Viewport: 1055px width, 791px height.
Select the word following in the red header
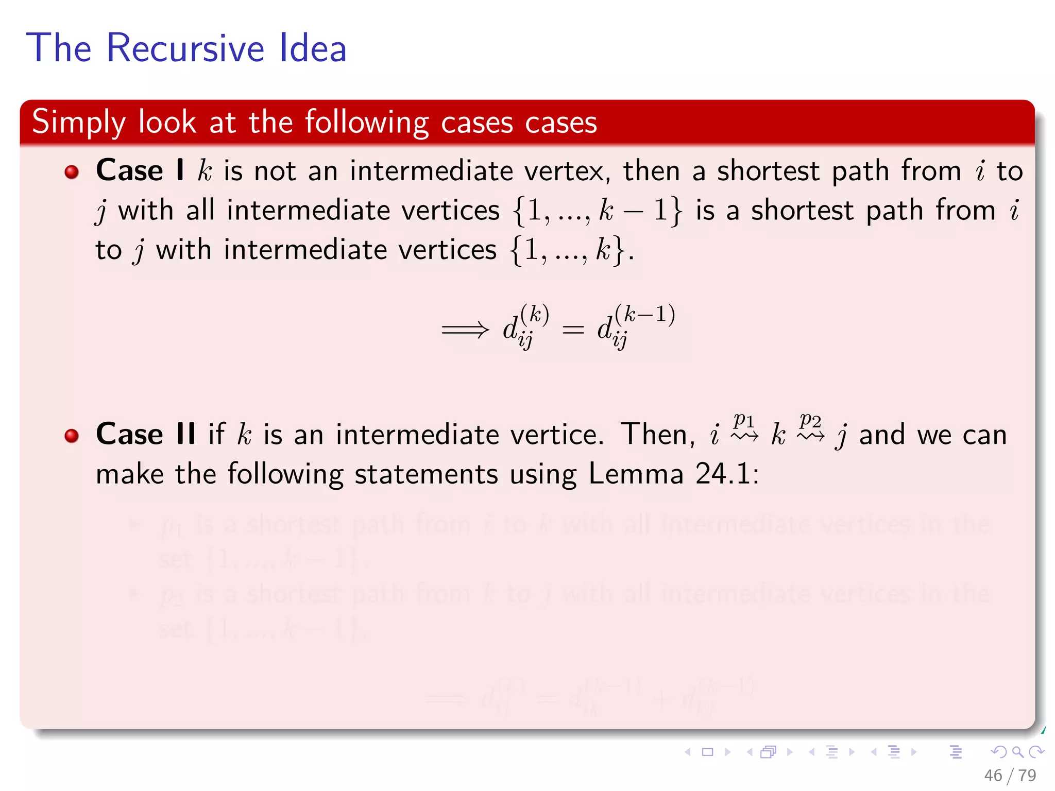[x=366, y=123]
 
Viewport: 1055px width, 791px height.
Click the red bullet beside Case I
[x=72, y=171]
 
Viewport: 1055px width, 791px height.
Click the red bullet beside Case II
[x=72, y=436]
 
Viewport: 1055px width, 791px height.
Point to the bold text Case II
[x=146, y=434]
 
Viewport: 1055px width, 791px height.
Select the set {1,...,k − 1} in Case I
[x=597, y=211]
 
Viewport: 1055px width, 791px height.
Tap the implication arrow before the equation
[x=465, y=330]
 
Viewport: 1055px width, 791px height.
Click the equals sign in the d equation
[x=573, y=330]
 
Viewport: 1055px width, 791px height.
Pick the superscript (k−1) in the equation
[x=645, y=314]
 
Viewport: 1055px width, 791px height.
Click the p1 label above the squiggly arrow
[x=744, y=420]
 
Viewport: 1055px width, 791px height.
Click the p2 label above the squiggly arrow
[x=810, y=420]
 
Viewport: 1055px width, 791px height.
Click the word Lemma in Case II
[x=635, y=474]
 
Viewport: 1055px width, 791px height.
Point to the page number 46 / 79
[x=1010, y=775]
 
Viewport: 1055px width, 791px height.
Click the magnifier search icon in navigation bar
[x=1017, y=752]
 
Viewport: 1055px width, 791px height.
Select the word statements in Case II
[x=426, y=474]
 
